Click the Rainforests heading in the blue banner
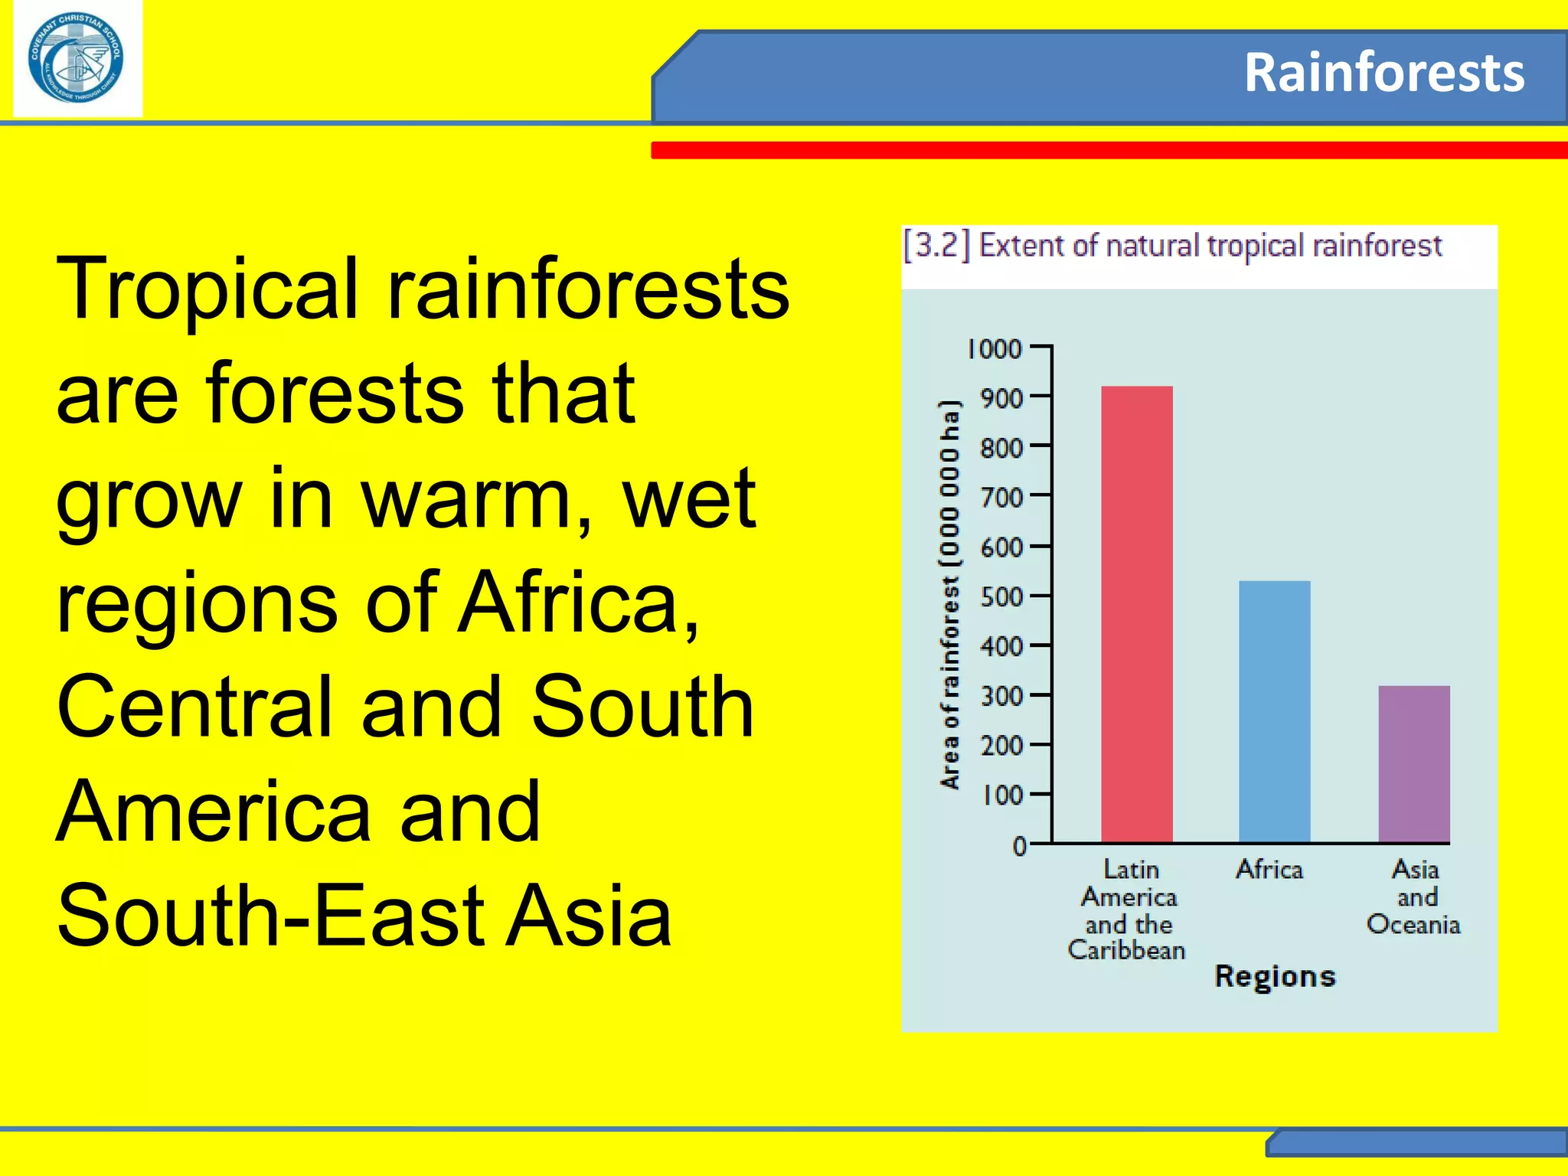1383,73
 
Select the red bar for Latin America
1136,612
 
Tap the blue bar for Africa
1274,712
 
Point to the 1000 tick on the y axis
995,349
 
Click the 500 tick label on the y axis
1001,597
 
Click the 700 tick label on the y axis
1001,498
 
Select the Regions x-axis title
1275,977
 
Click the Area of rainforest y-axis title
949,594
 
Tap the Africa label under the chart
1269,870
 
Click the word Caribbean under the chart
1126,951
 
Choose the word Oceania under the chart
1413,925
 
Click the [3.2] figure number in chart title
936,246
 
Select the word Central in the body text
194,708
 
